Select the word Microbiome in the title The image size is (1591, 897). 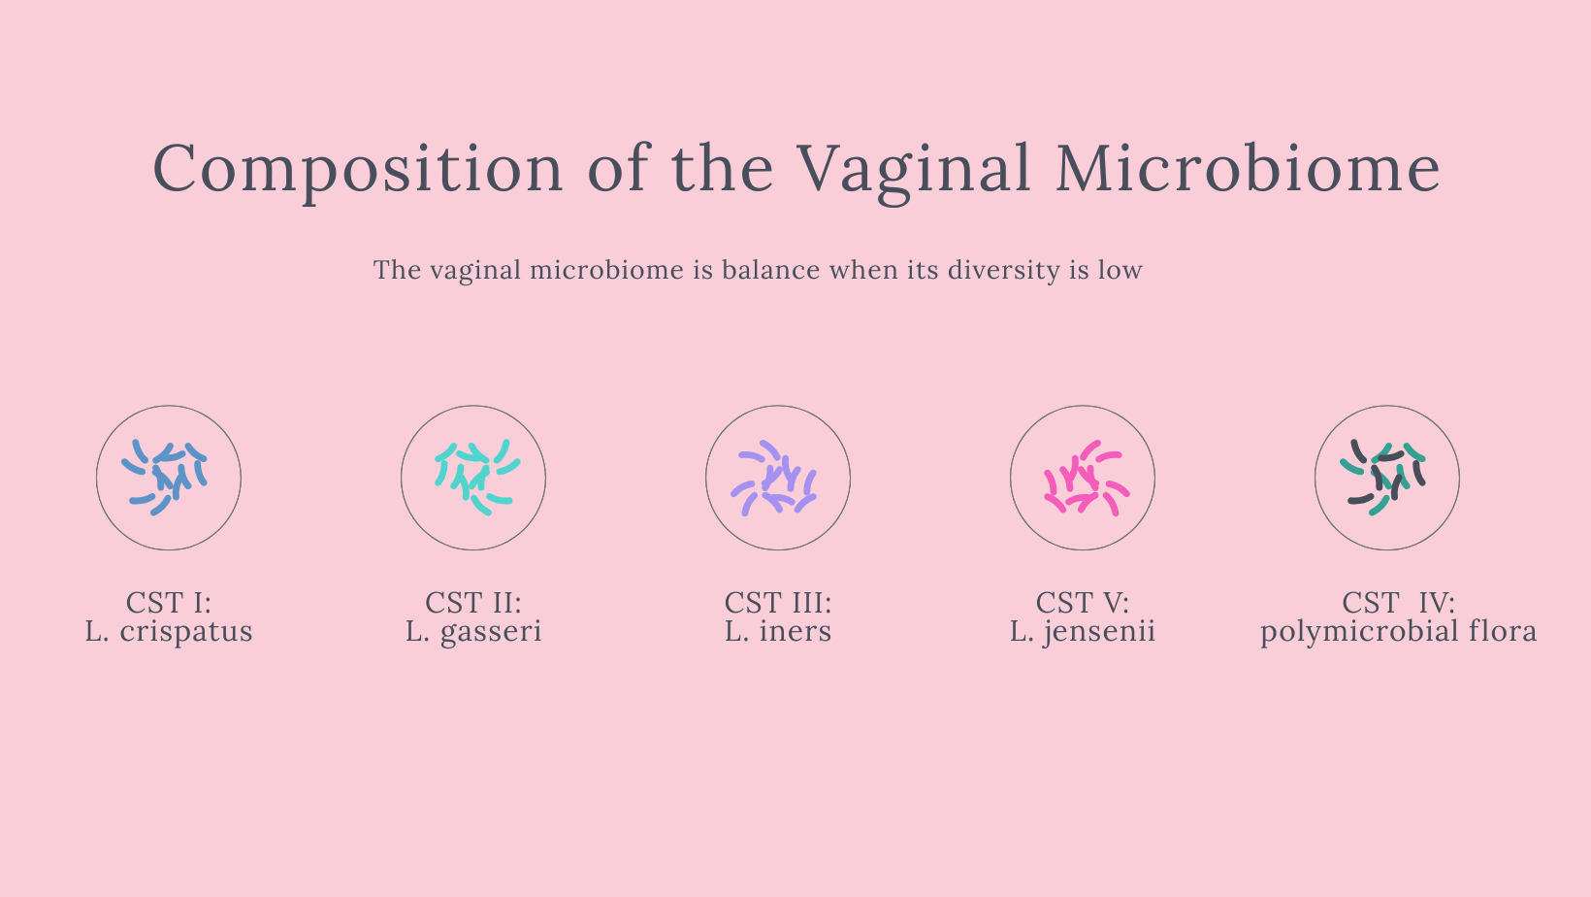(1248, 168)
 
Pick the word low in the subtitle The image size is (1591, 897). (1120, 269)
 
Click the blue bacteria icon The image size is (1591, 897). (164, 477)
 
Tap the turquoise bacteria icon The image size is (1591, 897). (477, 477)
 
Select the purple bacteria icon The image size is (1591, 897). (774, 478)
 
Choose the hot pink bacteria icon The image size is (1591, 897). (1086, 478)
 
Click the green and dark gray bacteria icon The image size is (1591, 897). (1382, 477)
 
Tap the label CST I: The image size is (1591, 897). (169, 603)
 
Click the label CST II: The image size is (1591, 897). (473, 603)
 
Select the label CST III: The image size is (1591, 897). (778, 603)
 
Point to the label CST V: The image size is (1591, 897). (1083, 603)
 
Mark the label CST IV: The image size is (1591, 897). (1399, 603)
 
